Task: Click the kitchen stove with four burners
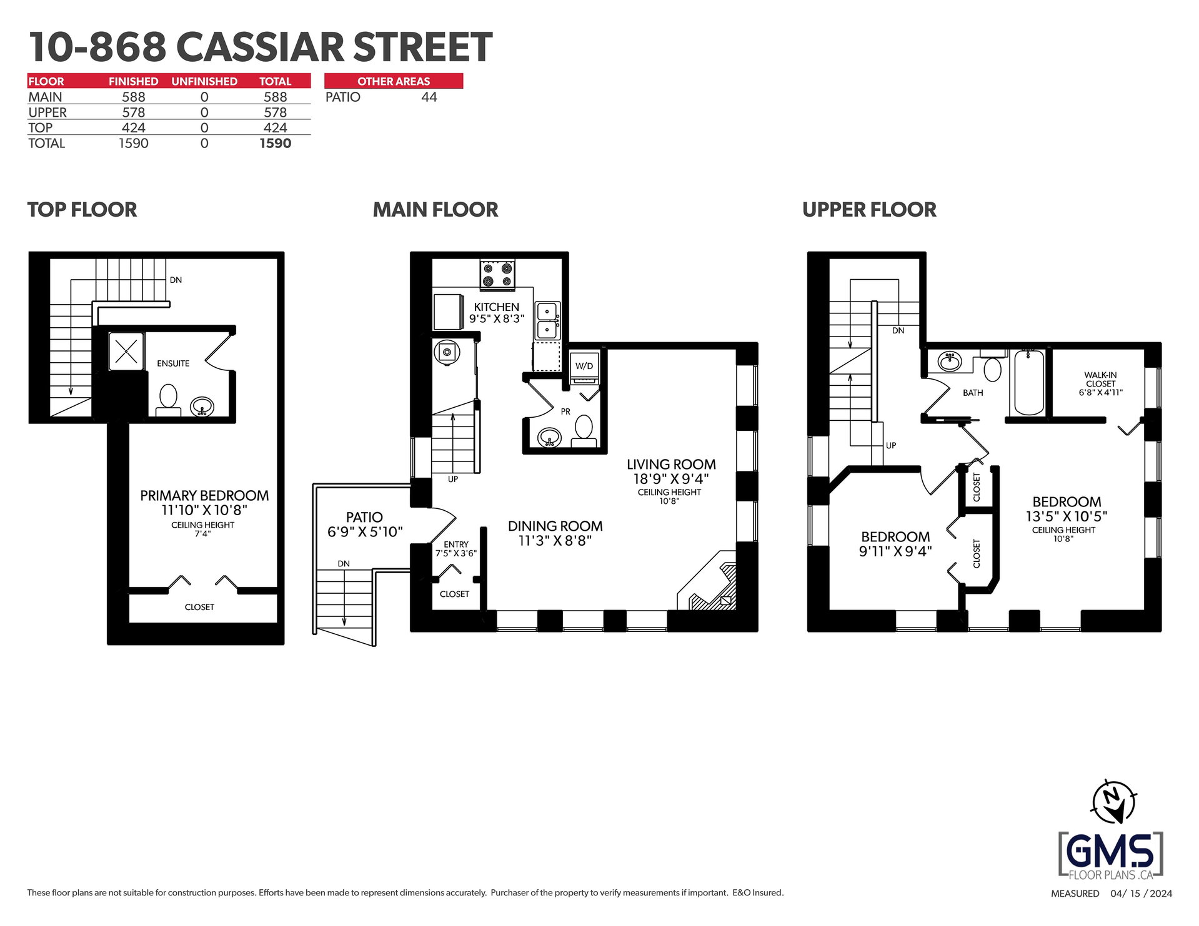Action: click(497, 275)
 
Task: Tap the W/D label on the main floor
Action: click(584, 366)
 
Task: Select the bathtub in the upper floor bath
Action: click(1028, 383)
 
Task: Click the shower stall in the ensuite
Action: click(126, 351)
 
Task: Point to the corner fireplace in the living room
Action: click(710, 582)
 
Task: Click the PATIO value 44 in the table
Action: click(429, 97)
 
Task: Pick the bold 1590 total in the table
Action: click(276, 143)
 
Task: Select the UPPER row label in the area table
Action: click(47, 112)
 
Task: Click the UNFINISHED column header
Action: click(204, 81)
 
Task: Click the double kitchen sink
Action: click(547, 320)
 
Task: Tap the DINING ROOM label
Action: click(555, 526)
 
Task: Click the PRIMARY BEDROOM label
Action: click(204, 496)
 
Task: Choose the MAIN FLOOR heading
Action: click(435, 210)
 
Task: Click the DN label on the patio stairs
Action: click(344, 564)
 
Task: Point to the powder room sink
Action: click(549, 437)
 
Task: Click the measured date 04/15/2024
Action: click(1142, 894)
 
